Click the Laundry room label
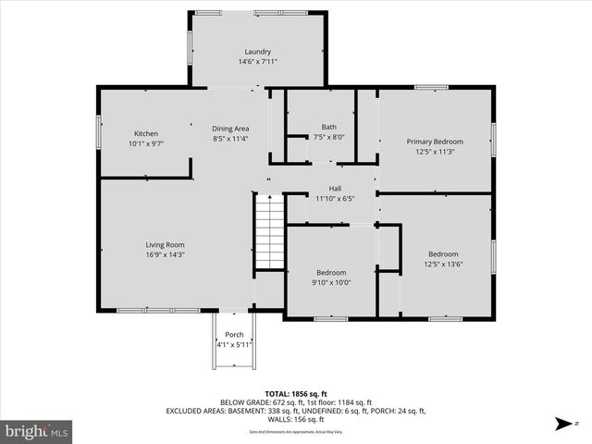tap(257, 52)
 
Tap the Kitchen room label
tap(146, 133)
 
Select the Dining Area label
tap(230, 129)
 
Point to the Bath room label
tap(328, 127)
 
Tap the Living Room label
tap(165, 244)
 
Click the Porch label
tap(234, 334)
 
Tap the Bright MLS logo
tap(37, 431)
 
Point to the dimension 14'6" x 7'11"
tap(257, 62)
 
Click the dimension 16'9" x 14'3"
tap(165, 254)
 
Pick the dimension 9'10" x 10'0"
tap(331, 283)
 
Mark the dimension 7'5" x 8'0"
tap(328, 137)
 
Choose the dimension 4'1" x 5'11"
tap(234, 344)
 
